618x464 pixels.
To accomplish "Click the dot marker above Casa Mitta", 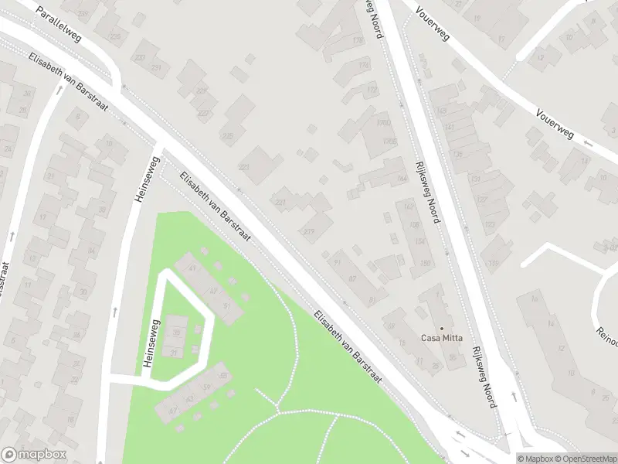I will click(442, 328).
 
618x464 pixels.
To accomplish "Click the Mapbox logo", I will click(34, 455).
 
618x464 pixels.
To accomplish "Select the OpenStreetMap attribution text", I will click(579, 459).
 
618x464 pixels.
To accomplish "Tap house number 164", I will click(402, 179).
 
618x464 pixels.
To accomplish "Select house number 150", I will click(425, 263).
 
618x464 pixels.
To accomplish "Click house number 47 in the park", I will click(212, 290).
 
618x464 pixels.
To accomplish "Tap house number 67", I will click(172, 409).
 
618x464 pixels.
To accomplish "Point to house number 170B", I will click(390, 142).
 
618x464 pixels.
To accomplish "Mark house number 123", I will click(490, 224).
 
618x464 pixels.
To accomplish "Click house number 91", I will click(373, 300).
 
